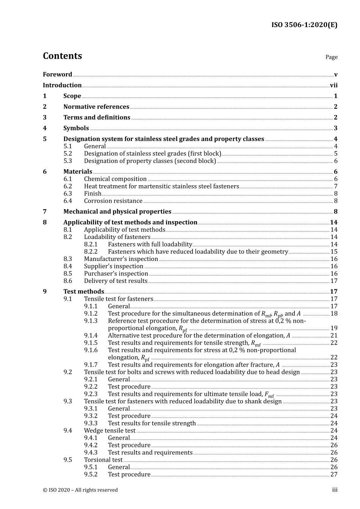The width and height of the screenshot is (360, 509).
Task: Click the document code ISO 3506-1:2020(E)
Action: (x=304, y=25)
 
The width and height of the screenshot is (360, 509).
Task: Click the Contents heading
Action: (x=62, y=56)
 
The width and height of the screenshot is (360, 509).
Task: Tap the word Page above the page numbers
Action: (x=331, y=57)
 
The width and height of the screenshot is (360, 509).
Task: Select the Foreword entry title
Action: (x=57, y=75)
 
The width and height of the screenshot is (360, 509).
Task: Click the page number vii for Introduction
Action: (x=333, y=86)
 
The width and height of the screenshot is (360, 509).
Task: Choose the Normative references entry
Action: (x=96, y=107)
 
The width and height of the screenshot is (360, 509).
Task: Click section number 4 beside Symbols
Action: (x=45, y=128)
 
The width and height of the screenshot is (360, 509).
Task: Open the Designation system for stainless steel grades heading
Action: (x=163, y=139)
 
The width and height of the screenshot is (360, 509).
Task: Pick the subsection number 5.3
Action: (x=68, y=161)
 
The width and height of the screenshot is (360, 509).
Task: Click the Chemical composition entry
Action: (x=115, y=179)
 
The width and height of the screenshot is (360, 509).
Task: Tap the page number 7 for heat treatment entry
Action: (x=335, y=186)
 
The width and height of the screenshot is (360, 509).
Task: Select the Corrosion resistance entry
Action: (x=113, y=201)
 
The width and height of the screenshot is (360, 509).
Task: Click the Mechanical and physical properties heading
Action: (x=117, y=212)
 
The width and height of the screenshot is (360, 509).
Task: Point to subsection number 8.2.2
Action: (x=91, y=252)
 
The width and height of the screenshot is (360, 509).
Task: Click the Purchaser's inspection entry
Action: (x=116, y=274)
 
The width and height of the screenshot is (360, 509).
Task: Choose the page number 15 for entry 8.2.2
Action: (x=334, y=252)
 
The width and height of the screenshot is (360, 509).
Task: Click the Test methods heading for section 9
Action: (x=83, y=292)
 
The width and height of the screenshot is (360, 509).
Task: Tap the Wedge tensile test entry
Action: (x=110, y=431)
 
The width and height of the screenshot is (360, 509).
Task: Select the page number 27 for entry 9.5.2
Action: (x=334, y=475)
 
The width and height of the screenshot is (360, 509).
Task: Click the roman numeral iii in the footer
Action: (x=335, y=490)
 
